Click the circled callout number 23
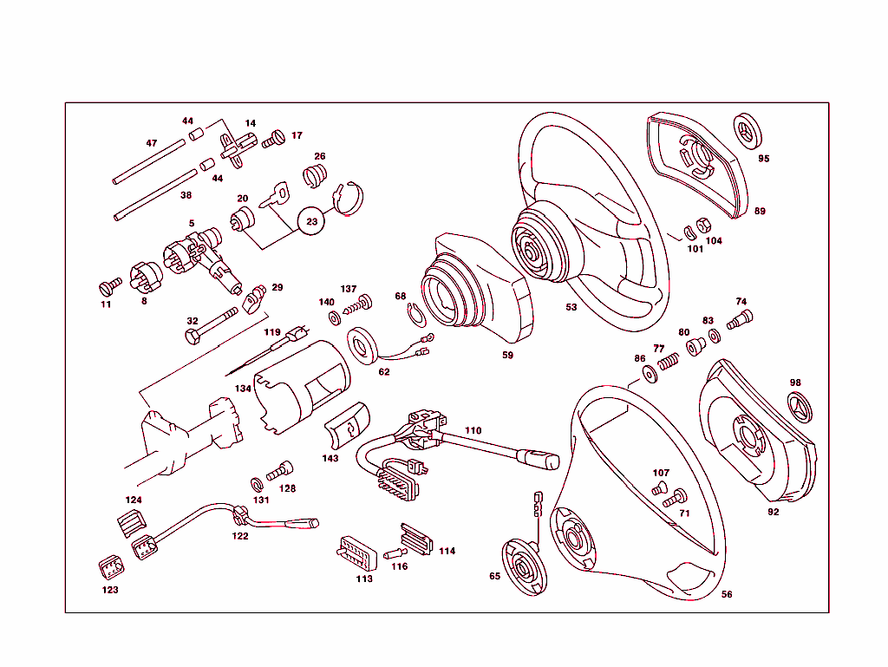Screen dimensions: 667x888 [x=311, y=221]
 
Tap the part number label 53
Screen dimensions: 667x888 [x=571, y=307]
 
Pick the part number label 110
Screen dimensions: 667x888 [x=473, y=430]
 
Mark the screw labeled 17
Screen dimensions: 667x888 [x=274, y=136]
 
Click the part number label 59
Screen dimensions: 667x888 [x=507, y=355]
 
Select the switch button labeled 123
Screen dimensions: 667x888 [x=111, y=569]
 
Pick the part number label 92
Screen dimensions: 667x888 [x=773, y=512]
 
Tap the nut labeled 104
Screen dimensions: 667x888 [x=704, y=228]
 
